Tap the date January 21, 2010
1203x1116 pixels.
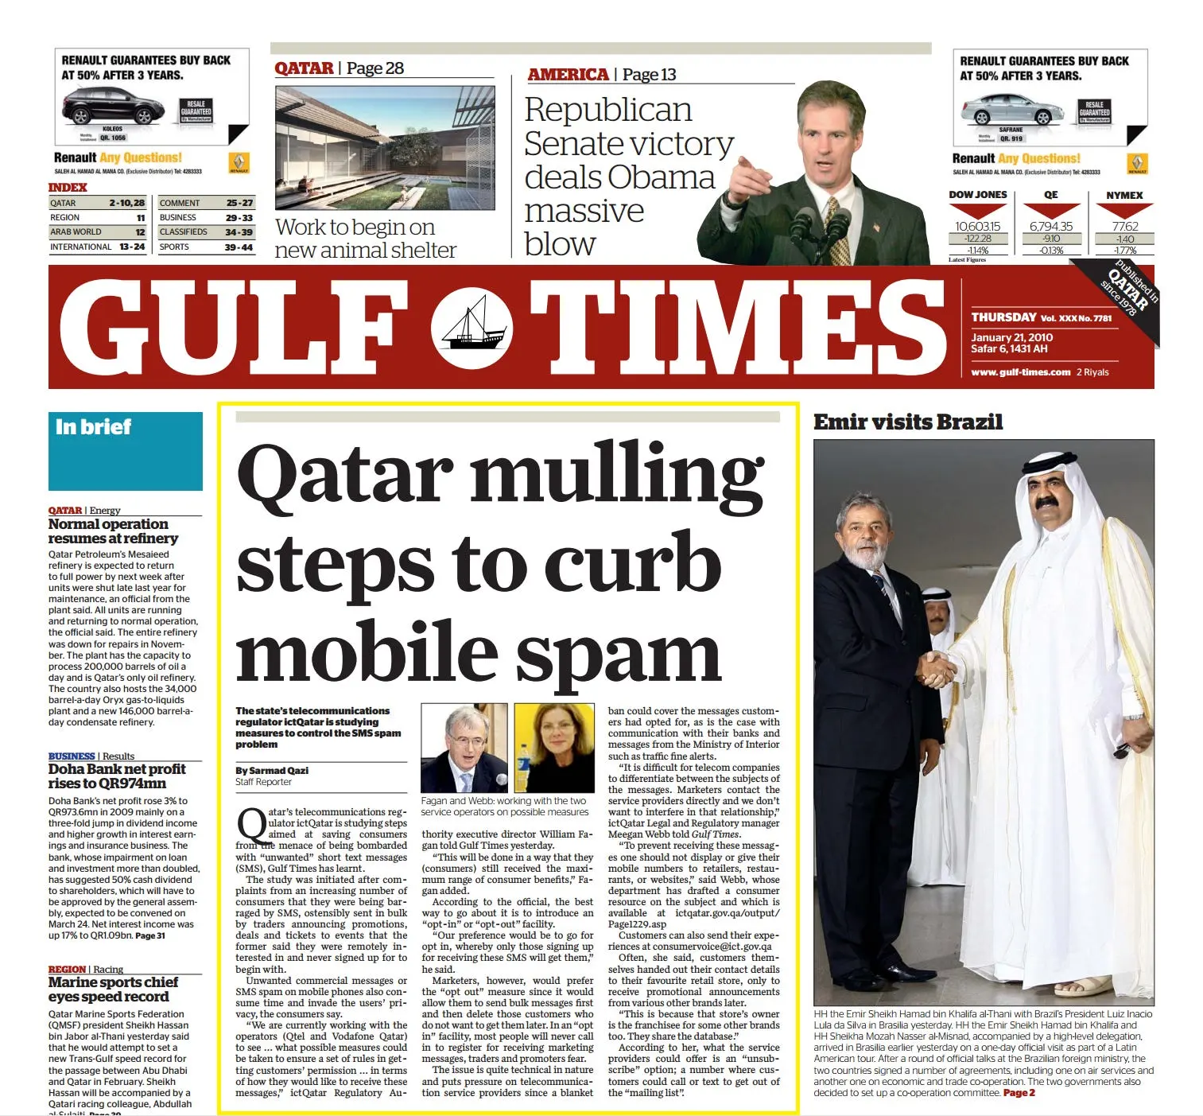[x=1011, y=337]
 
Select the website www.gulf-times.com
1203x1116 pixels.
[x=1020, y=372]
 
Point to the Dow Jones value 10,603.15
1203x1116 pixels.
[x=977, y=227]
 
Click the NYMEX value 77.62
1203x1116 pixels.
[x=1124, y=227]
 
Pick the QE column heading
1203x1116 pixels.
[x=1050, y=195]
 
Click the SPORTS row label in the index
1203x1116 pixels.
[x=174, y=247]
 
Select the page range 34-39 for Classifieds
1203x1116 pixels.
[x=239, y=232]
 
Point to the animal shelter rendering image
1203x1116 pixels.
[x=385, y=148]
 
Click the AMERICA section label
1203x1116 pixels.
[x=568, y=75]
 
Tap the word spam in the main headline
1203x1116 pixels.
[x=619, y=655]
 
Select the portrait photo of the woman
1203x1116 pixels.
[x=554, y=748]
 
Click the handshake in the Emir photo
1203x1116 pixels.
[x=937, y=669]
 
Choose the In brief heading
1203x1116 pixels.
[x=93, y=427]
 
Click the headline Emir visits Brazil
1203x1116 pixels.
[x=907, y=422]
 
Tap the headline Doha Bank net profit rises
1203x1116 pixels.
[x=117, y=776]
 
